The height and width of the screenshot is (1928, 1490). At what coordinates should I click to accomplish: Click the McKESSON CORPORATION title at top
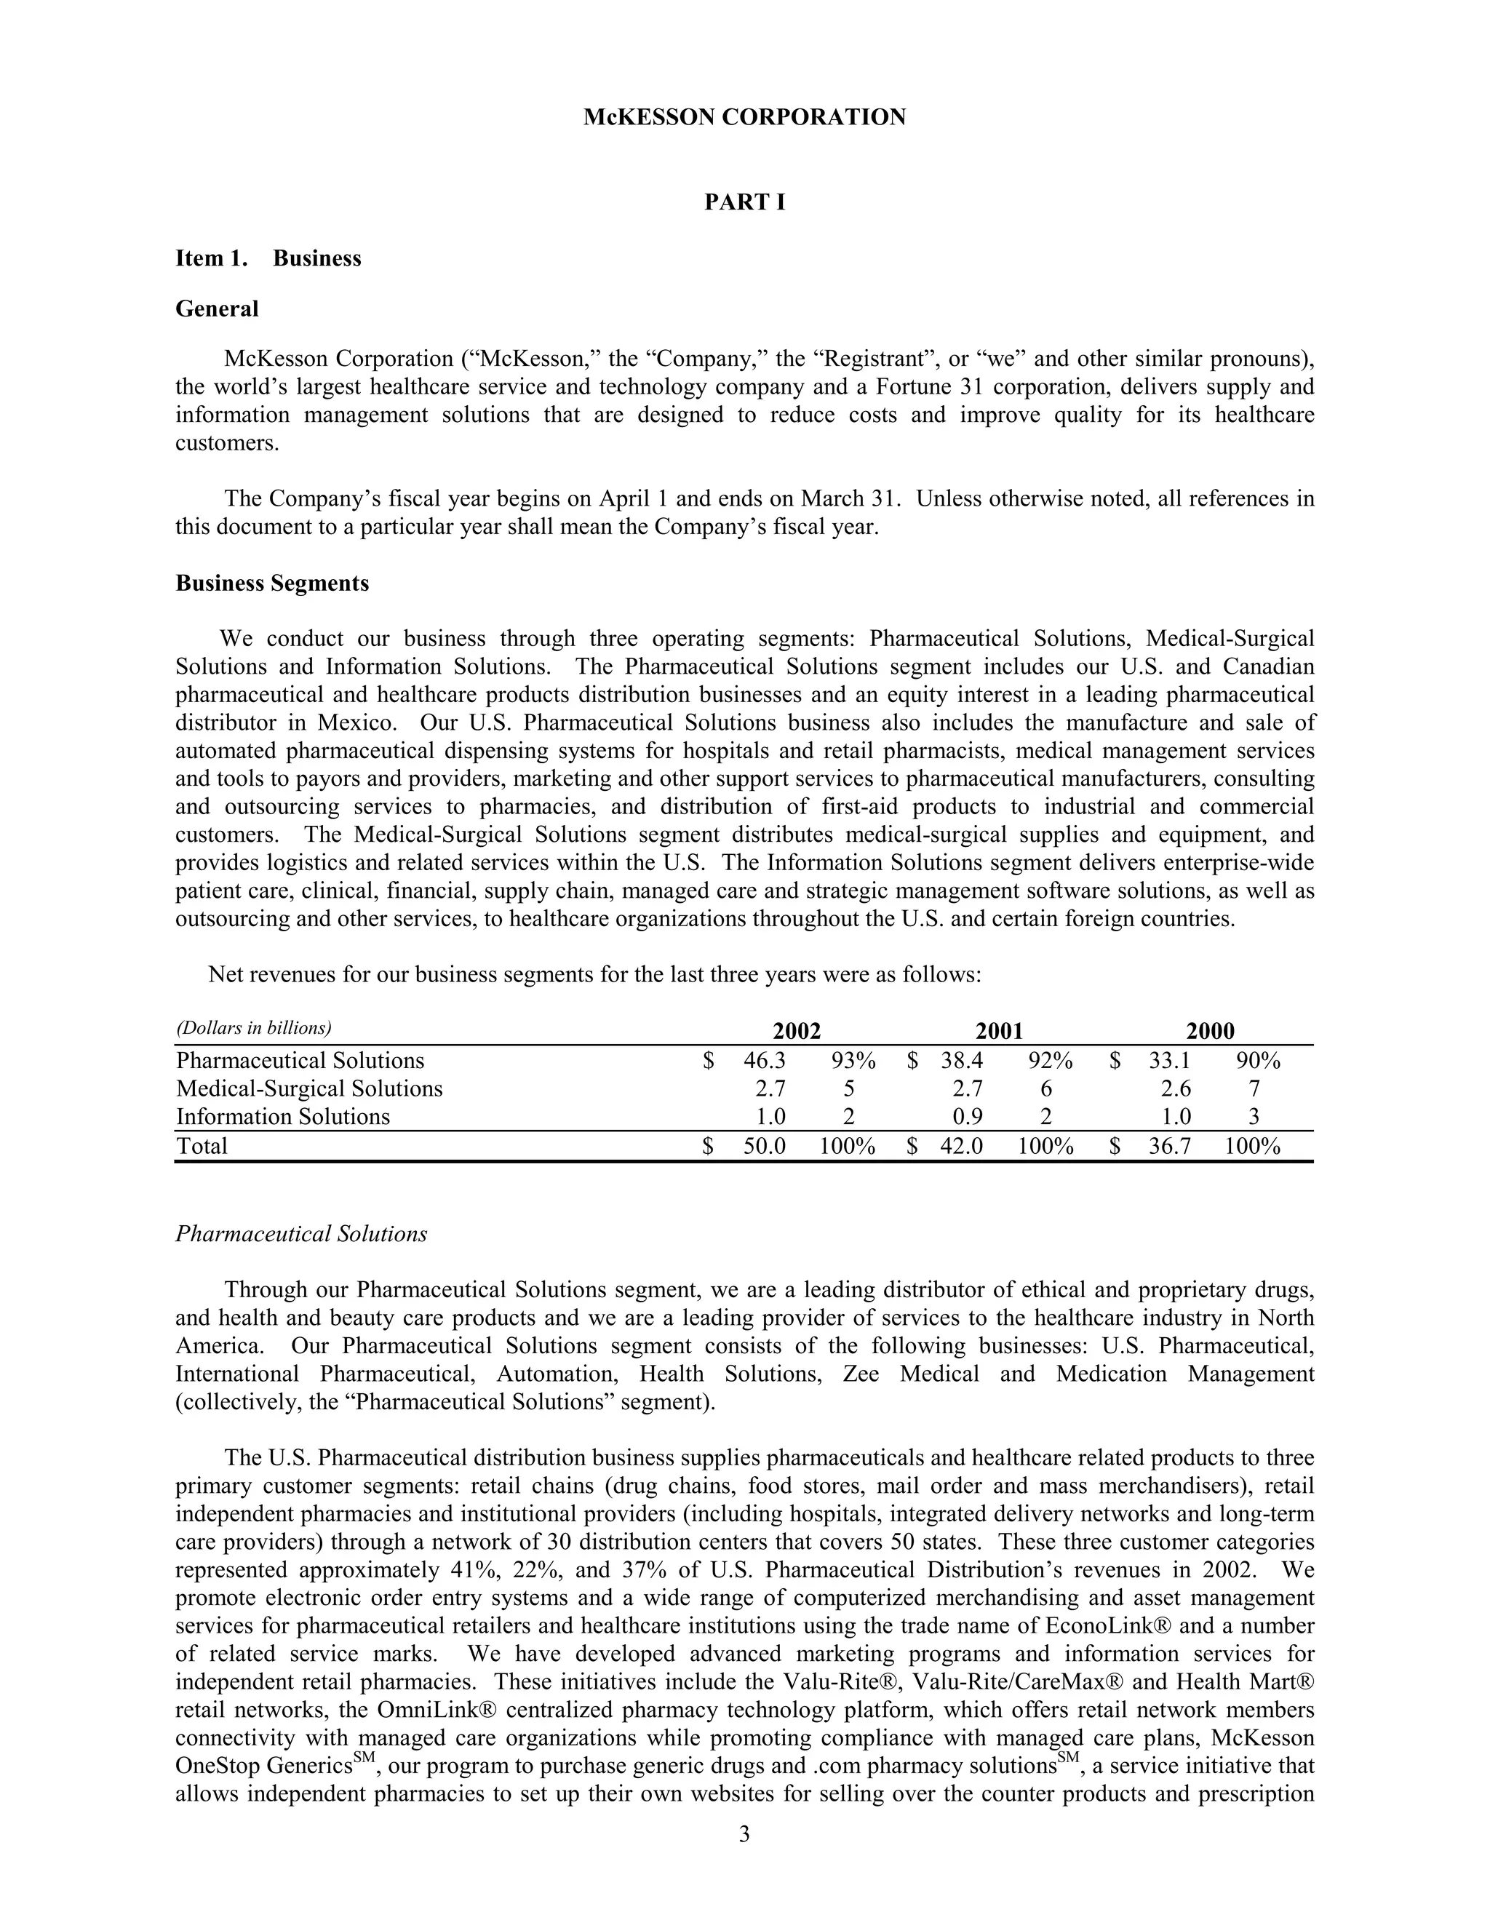pos(744,117)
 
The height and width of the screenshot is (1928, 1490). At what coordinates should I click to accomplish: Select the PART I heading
pos(744,202)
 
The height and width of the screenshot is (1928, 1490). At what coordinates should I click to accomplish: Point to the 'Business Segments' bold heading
pos(272,583)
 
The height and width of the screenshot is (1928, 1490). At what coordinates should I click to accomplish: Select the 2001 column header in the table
pos(998,1030)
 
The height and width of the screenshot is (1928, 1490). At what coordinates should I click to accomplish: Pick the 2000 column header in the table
pos(1209,1030)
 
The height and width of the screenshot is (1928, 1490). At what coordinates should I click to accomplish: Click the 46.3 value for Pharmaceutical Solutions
pos(765,1060)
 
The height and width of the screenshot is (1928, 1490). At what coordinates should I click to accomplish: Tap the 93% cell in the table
pos(853,1060)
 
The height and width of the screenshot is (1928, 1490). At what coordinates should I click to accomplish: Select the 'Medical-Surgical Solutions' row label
pos(309,1088)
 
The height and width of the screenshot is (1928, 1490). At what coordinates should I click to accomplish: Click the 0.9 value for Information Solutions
pos(968,1117)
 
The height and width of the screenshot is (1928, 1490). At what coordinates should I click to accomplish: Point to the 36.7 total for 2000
pos(1170,1146)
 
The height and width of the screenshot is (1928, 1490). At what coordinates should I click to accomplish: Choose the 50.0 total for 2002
pos(765,1146)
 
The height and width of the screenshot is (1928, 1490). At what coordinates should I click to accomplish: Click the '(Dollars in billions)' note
pos(253,1027)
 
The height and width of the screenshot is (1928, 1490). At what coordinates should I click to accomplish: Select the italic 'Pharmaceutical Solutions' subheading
pos(301,1233)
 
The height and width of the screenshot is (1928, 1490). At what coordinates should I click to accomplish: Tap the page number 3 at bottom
pos(744,1833)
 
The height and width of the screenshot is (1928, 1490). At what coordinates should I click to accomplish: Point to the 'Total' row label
pos(202,1146)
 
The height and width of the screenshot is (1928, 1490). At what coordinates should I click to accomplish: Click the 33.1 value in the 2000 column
pos(1170,1060)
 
